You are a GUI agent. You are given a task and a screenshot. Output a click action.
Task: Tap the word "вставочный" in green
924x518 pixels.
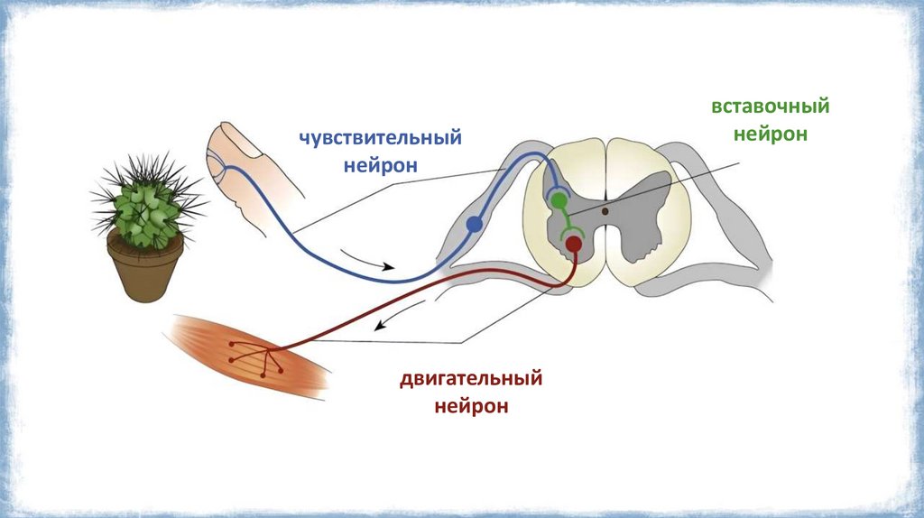coord(770,106)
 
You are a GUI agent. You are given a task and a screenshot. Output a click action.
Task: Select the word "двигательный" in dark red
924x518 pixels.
coord(471,377)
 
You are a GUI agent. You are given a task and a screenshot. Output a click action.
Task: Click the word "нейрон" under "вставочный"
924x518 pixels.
coord(770,134)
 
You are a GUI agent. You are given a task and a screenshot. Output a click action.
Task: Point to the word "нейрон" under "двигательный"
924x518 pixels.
coord(471,406)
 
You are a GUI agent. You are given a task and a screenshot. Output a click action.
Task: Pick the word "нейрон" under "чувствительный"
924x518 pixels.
coord(382,166)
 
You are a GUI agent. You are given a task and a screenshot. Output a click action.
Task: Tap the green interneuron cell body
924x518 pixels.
coord(559,199)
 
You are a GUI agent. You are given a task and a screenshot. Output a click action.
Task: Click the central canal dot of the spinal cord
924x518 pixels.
coord(605,211)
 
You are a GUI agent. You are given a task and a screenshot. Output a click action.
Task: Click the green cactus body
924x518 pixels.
coord(144,208)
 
